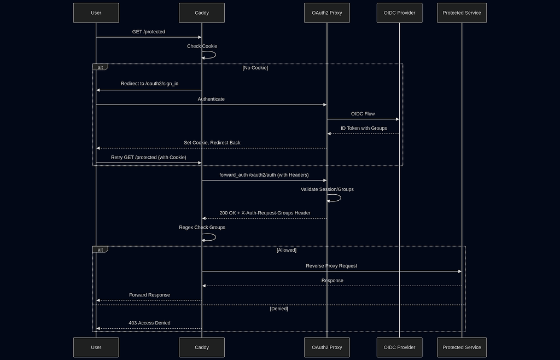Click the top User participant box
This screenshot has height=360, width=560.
96,13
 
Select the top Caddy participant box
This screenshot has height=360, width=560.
201,13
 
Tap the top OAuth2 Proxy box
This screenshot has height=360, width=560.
326,13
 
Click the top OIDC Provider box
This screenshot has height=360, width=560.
399,13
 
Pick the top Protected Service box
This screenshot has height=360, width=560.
462,13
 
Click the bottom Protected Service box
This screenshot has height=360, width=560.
462,347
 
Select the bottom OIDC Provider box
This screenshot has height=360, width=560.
399,347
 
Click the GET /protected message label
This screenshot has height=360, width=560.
148,32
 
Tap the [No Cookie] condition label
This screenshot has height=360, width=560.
255,68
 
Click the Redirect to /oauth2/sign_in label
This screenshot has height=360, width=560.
149,84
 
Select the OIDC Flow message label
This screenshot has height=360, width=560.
363,113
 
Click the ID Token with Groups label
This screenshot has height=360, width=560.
364,128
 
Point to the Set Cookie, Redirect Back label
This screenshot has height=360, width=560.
212,142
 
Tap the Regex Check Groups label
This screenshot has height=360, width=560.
202,227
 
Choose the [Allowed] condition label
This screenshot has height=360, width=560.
286,250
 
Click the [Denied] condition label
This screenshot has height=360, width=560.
279,309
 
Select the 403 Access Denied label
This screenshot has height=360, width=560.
149,323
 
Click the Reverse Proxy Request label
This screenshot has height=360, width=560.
331,265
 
